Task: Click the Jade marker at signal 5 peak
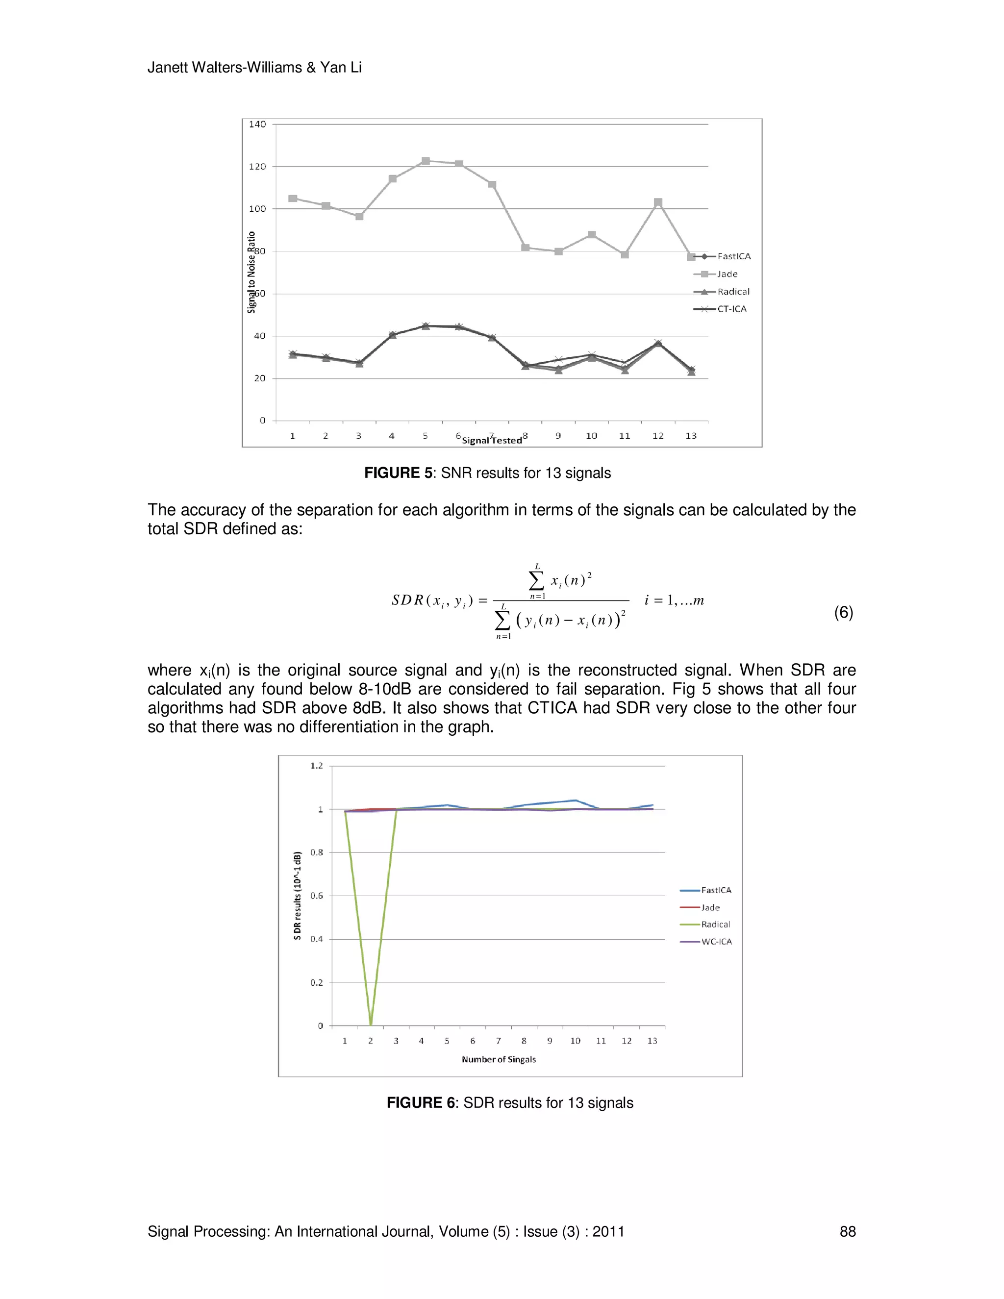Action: pos(425,161)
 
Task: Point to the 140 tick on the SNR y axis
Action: pos(257,125)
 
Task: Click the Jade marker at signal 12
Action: pos(658,203)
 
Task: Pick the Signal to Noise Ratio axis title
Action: pos(251,272)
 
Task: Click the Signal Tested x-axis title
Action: pos(492,441)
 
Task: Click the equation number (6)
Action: pos(843,613)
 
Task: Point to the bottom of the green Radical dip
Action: pos(371,1024)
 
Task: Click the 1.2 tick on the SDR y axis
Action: pos(316,766)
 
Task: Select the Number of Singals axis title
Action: pos(499,1059)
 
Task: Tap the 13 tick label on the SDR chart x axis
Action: pos(652,1041)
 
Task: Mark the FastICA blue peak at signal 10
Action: pos(575,800)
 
